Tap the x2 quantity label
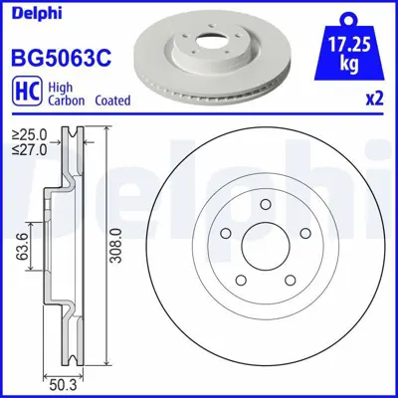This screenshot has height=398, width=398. tap(374, 98)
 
